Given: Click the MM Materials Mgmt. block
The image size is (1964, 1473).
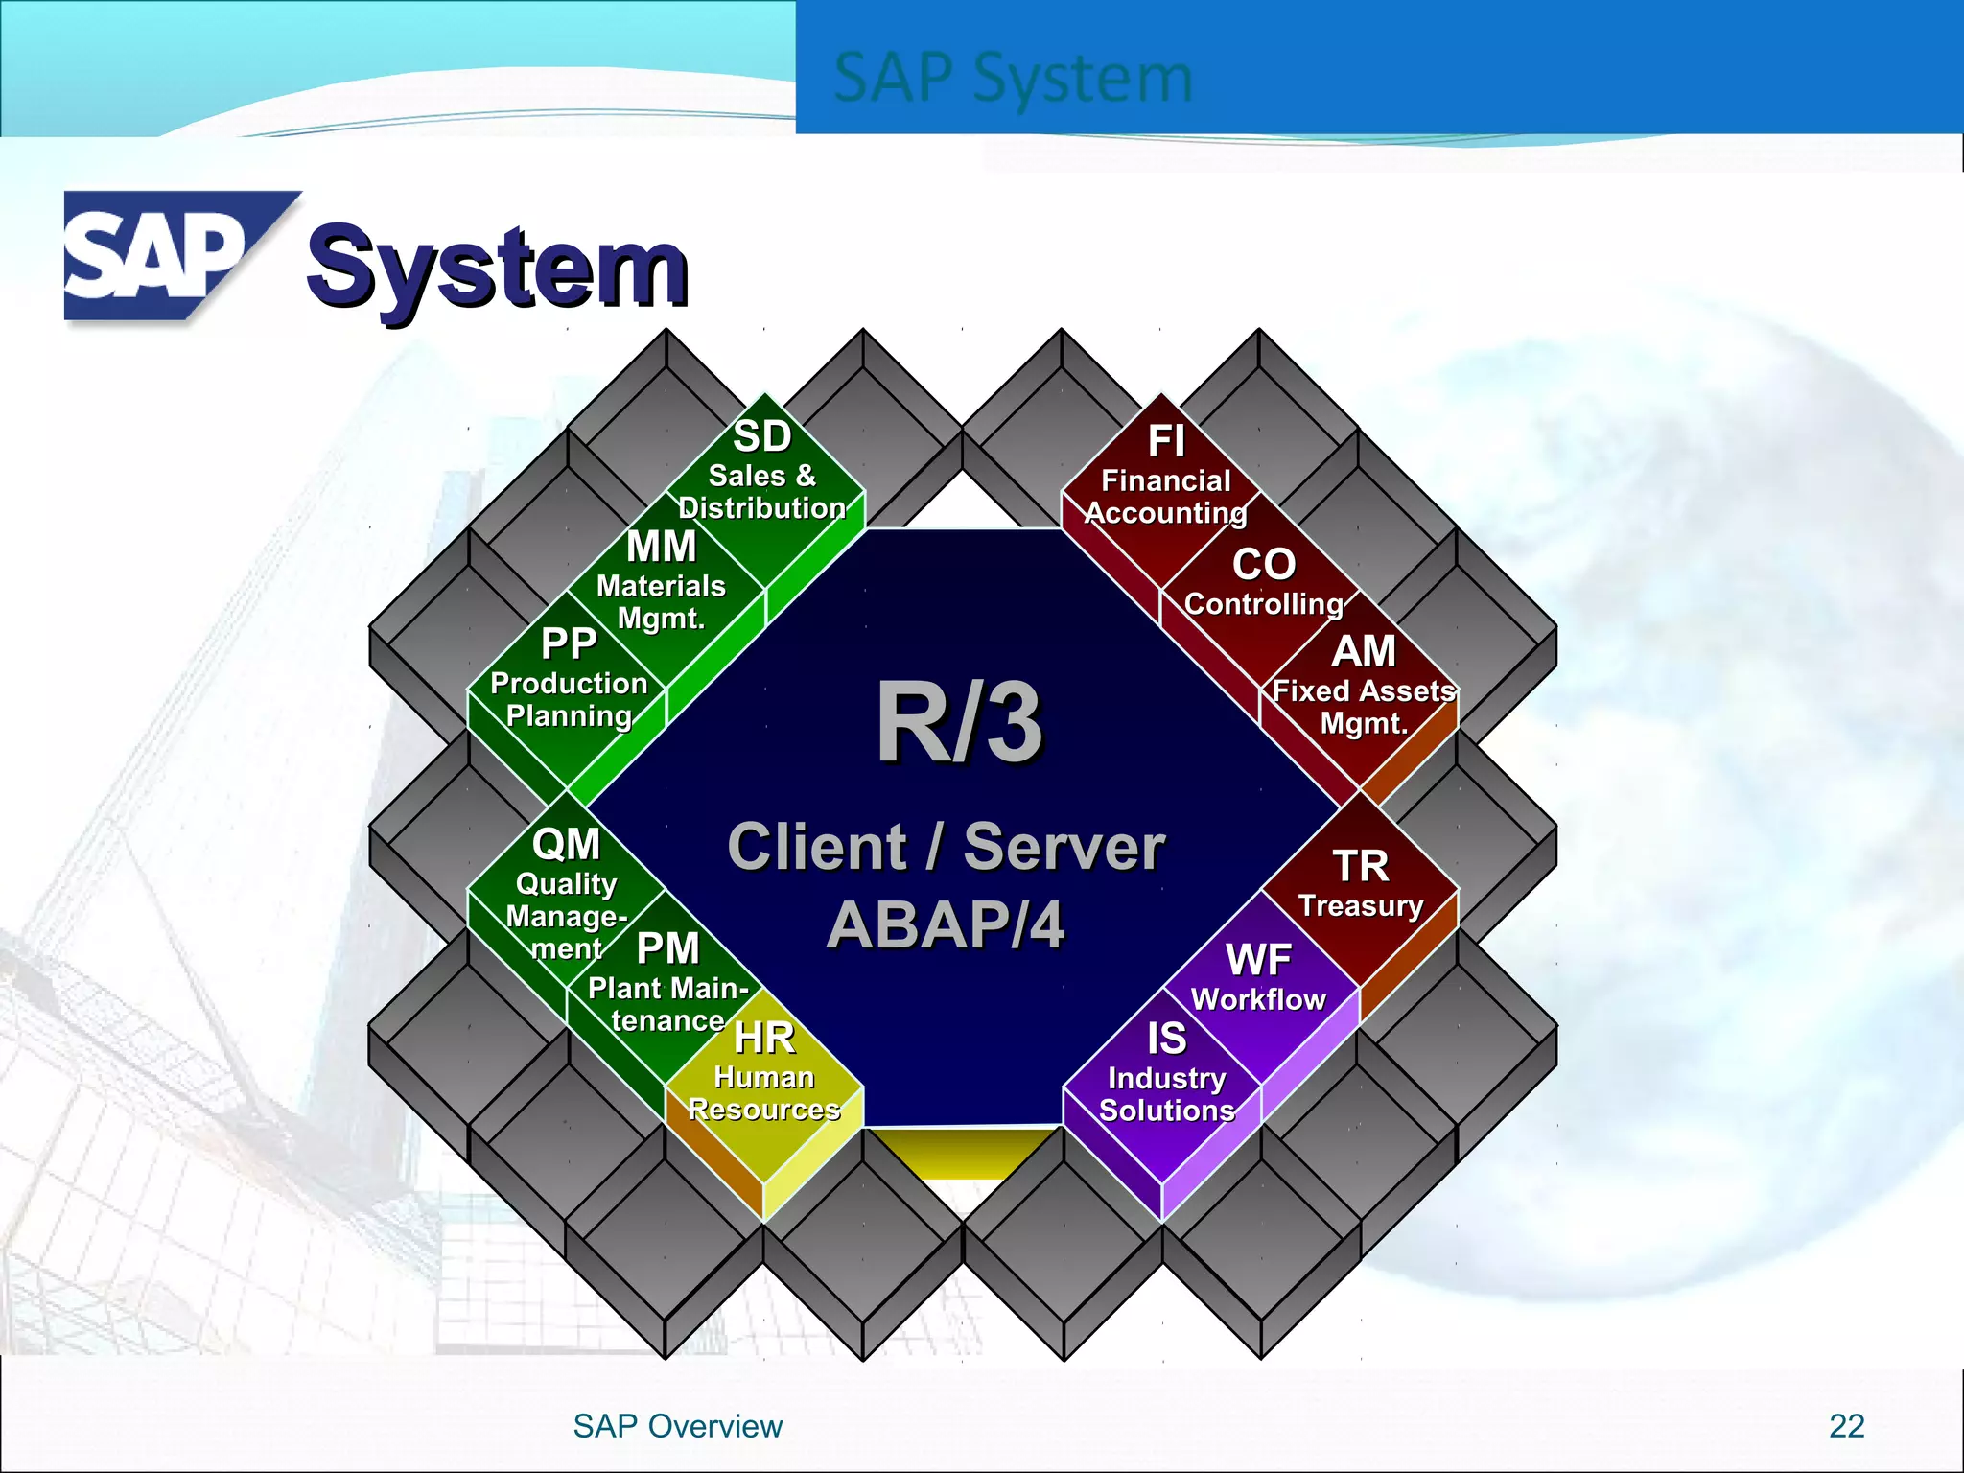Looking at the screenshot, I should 662,581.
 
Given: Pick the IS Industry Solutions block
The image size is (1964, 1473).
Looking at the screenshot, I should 1166,1074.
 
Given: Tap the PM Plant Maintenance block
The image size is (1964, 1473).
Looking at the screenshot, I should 667,983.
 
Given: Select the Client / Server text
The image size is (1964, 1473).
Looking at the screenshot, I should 946,848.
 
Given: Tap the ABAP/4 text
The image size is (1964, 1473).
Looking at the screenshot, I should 946,926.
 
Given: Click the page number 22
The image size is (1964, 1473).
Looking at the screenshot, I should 1846,1426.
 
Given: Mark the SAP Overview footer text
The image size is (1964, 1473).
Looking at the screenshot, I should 677,1426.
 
